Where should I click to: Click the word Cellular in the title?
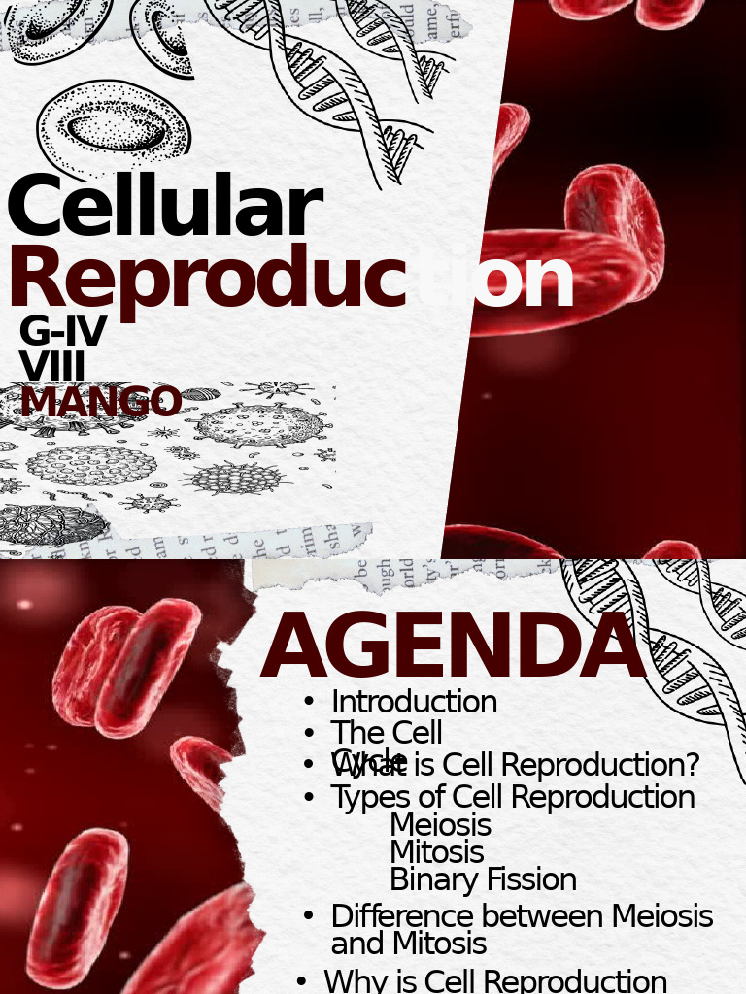point(163,208)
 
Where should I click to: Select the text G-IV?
point(62,333)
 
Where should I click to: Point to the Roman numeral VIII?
point(51,367)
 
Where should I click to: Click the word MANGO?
point(101,402)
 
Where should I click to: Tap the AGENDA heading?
point(453,647)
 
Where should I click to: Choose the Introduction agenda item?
point(414,702)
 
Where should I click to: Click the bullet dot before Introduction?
point(309,702)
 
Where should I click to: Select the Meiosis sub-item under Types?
point(440,825)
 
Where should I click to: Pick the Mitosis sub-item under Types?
point(436,852)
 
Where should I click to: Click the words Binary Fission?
point(483,879)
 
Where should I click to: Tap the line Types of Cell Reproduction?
point(513,797)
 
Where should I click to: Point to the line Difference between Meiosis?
point(522,916)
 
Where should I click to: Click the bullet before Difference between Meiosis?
point(309,916)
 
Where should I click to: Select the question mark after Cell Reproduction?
point(690,766)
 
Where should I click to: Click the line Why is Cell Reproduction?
point(495,980)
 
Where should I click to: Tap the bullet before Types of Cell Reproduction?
point(309,798)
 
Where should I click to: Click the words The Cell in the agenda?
point(387,732)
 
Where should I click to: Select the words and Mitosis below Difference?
point(408,944)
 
